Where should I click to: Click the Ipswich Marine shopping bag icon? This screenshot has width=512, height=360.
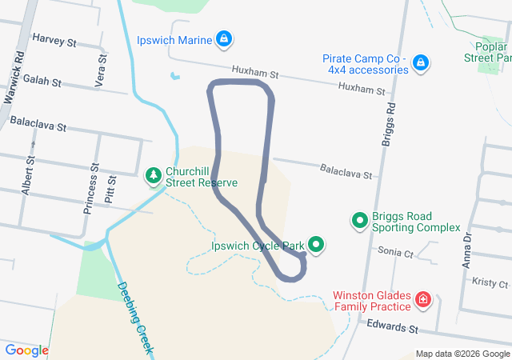tap(226, 39)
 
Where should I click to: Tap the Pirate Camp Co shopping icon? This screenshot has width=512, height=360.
tap(422, 62)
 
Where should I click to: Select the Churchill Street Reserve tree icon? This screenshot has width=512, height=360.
tap(152, 174)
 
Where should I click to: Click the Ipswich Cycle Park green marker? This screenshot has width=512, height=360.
tap(316, 246)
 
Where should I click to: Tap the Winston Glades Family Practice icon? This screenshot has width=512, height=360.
tap(422, 301)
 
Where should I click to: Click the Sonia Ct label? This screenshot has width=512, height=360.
tap(396, 252)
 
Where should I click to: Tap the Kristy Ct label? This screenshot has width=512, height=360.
tap(490, 283)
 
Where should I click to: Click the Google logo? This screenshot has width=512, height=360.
tap(26, 350)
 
